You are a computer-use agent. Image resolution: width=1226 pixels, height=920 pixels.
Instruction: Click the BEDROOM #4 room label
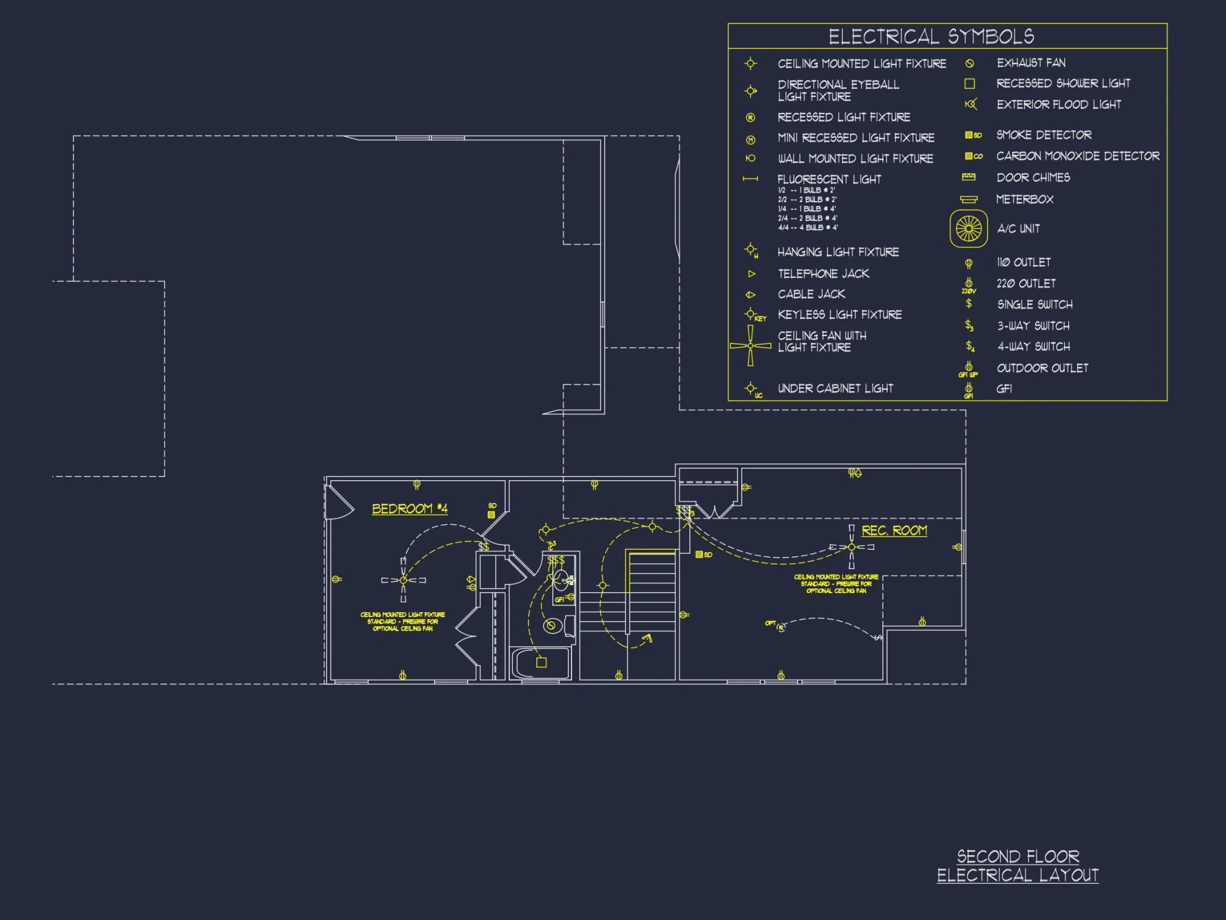click(x=409, y=509)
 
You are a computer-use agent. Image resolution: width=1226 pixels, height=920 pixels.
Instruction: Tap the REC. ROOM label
click(x=894, y=531)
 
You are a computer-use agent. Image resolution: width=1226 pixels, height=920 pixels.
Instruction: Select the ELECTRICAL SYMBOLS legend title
click(x=931, y=37)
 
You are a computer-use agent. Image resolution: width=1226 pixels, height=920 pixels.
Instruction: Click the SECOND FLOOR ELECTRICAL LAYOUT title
click(x=1018, y=865)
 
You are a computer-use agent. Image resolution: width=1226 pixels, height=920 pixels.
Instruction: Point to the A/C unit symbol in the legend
click(x=969, y=229)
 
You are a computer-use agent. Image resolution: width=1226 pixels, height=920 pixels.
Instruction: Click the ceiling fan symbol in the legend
click(x=750, y=345)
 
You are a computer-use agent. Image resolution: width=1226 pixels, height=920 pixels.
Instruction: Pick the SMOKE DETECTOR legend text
click(x=1043, y=135)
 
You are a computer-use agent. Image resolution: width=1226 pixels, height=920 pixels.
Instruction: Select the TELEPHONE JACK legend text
click(x=823, y=274)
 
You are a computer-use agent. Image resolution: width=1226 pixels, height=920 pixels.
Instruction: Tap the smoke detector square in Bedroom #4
click(x=491, y=515)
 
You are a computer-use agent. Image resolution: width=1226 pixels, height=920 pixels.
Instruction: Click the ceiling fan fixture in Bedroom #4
click(x=403, y=580)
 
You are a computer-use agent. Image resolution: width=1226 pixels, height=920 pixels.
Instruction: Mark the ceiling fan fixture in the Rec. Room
click(x=851, y=546)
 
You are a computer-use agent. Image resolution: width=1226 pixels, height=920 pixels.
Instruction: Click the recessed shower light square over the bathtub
click(x=541, y=662)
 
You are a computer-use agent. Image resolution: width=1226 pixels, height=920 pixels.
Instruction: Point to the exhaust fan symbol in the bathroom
click(x=551, y=626)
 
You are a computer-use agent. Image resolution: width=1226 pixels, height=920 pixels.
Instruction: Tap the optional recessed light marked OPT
click(x=781, y=628)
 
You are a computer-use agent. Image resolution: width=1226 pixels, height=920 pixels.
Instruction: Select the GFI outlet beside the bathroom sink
click(x=571, y=597)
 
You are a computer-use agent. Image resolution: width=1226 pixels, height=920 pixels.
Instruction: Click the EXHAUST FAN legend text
click(x=1031, y=63)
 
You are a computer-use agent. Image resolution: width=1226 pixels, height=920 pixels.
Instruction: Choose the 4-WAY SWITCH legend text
click(x=1034, y=347)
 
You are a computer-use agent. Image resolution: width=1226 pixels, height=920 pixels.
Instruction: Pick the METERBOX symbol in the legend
click(x=969, y=199)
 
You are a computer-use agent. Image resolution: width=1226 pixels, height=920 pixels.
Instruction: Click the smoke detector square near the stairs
click(x=699, y=554)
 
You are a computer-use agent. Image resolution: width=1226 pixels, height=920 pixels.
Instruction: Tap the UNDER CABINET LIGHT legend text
click(x=835, y=388)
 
